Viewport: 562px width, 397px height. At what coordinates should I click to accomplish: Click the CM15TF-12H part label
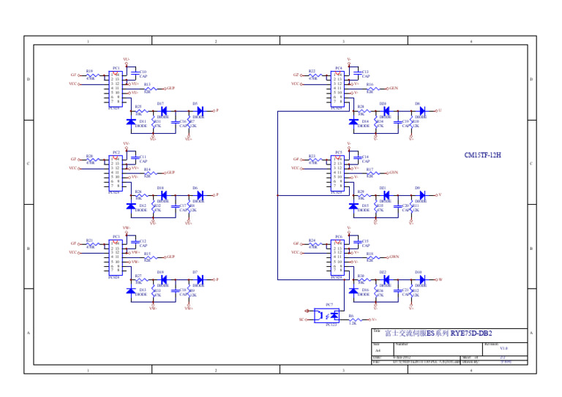(483, 156)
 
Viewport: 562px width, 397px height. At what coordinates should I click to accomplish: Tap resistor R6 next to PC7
(353, 320)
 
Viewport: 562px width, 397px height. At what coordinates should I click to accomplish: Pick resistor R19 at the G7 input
(90, 75)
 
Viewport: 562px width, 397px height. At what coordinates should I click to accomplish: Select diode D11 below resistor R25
(130, 121)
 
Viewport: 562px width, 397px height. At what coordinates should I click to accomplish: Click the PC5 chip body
(337, 173)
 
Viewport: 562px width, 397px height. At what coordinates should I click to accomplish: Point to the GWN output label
(394, 257)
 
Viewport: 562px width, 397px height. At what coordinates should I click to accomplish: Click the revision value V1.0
(503, 349)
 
